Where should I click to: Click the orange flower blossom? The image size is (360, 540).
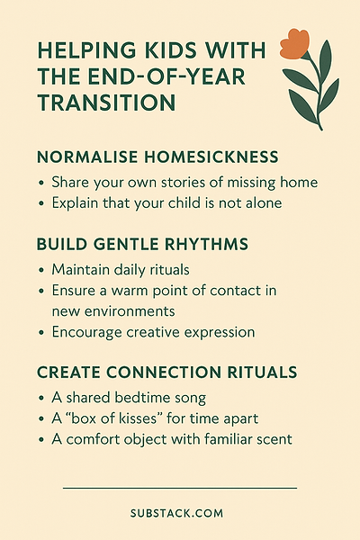click(294, 44)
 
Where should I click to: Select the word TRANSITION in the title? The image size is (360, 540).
click(106, 103)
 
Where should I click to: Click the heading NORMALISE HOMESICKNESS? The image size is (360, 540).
click(157, 157)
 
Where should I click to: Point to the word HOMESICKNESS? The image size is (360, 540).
click(211, 157)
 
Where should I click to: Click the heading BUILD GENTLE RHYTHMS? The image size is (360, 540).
click(142, 244)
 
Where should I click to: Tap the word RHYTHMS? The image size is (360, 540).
click(206, 244)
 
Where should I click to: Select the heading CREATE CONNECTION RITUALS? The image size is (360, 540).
click(166, 373)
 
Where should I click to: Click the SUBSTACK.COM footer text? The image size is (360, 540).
click(176, 514)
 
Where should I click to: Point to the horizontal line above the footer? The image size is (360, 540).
click(180, 488)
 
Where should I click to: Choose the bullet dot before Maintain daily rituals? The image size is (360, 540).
click(41, 270)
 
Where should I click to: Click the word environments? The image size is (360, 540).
click(130, 311)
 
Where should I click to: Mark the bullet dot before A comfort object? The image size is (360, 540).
click(41, 440)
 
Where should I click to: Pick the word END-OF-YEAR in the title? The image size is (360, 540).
click(166, 76)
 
